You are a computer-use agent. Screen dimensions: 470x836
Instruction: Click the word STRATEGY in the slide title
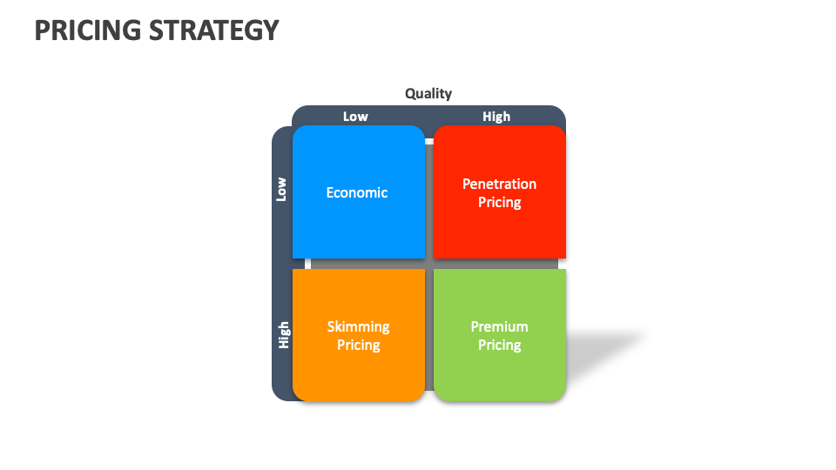(214, 30)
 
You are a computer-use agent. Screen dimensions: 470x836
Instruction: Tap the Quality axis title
(428, 94)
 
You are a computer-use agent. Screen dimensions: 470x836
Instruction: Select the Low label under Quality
(355, 117)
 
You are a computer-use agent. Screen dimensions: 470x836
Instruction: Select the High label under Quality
(496, 117)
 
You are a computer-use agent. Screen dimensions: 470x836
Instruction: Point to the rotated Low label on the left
(281, 189)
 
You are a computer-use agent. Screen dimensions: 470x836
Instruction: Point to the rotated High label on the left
(283, 335)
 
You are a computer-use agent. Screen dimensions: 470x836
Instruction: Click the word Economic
(357, 192)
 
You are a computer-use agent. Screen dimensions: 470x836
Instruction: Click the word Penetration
(499, 184)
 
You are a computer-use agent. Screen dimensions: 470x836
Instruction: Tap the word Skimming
(358, 326)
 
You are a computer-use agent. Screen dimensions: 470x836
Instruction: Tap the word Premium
(499, 326)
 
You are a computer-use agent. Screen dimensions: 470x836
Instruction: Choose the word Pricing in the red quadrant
(499, 203)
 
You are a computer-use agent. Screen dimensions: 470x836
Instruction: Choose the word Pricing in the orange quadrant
(358, 346)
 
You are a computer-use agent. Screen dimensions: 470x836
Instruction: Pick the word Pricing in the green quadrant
(499, 346)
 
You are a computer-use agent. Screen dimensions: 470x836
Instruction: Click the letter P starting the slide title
(42, 30)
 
